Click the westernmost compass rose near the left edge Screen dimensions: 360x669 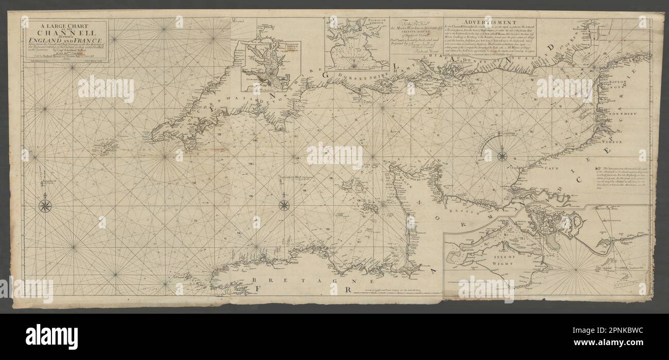coord(45,206)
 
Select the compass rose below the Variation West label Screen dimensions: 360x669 coord(284,205)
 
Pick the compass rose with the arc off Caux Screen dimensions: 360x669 coord(502,156)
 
